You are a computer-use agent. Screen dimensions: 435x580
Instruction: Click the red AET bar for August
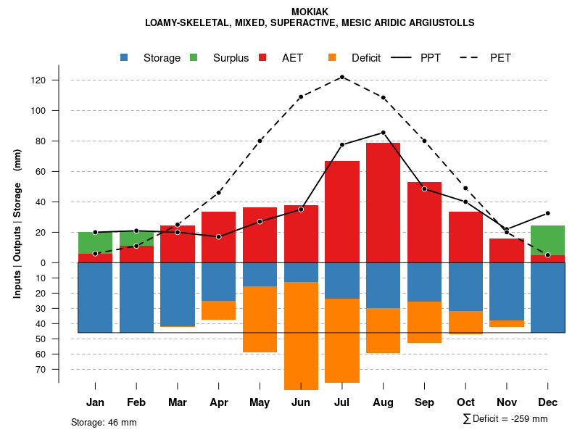(383, 202)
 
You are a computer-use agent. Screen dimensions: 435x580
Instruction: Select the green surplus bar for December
(547, 240)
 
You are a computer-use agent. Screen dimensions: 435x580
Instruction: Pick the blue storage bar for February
(136, 297)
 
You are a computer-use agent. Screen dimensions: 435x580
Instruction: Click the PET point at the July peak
(341, 77)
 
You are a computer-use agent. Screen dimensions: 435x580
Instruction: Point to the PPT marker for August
(383, 133)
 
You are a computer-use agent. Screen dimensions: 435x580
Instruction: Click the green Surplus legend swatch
(194, 58)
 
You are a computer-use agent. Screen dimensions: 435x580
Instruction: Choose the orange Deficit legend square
(332, 58)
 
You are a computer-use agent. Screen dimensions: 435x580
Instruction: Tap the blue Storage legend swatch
(125, 58)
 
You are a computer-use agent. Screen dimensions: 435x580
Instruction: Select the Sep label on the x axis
(424, 402)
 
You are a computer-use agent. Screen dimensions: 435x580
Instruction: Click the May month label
(260, 402)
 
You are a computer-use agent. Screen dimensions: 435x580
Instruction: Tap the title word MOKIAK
(310, 12)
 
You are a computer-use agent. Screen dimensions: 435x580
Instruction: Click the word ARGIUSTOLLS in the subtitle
(440, 22)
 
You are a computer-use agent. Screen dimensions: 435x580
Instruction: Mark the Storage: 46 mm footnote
(104, 422)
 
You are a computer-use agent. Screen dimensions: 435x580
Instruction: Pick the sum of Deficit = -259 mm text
(505, 419)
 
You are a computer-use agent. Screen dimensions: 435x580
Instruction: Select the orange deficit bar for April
(218, 310)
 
